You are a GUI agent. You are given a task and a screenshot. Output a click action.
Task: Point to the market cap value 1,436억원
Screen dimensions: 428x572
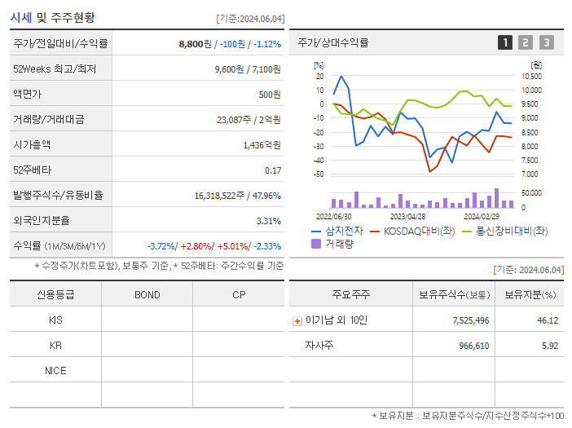click(x=262, y=145)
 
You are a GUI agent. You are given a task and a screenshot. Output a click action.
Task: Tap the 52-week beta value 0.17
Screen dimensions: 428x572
click(x=273, y=170)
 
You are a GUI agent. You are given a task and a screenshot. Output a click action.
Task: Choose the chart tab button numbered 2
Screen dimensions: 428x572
click(x=526, y=43)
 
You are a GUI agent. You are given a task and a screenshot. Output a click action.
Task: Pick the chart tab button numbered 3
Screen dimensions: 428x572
click(x=546, y=43)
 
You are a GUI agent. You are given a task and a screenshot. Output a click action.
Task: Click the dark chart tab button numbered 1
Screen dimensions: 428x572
click(x=505, y=43)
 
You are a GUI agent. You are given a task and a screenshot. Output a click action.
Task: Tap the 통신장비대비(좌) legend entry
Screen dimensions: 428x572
click(x=504, y=231)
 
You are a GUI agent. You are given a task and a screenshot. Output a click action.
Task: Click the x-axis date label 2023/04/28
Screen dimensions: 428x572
click(x=407, y=217)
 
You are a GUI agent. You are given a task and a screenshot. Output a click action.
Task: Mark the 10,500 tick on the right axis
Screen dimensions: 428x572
click(x=531, y=76)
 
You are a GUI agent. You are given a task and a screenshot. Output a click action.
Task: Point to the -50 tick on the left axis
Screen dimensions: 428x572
click(x=318, y=174)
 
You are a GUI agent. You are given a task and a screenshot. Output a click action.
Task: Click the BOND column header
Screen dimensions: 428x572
click(x=147, y=294)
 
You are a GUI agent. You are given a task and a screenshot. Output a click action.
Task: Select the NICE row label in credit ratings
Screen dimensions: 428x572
click(x=55, y=370)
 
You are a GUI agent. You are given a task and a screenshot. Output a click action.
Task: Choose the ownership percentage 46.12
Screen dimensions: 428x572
click(x=548, y=320)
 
